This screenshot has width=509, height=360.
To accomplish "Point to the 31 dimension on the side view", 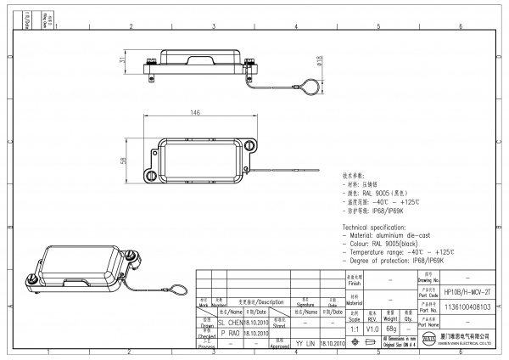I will (122, 60).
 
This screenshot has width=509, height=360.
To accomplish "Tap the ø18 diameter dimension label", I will (319, 60).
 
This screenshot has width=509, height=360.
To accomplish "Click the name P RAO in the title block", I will (229, 334).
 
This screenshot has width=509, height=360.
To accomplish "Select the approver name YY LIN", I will (305, 344).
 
